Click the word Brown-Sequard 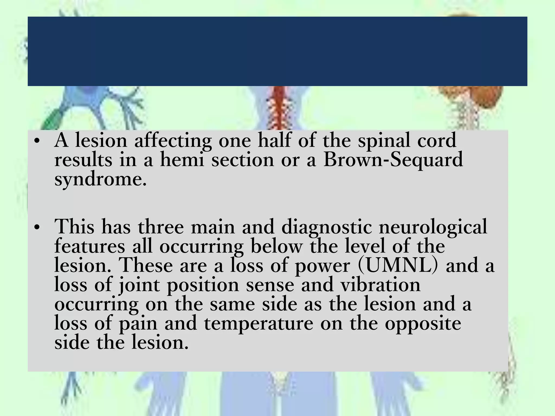tap(393, 160)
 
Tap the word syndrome tap(100, 179)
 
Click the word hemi tap(182, 160)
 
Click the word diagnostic tap(327, 227)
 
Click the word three tap(161, 227)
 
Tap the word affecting tap(173, 141)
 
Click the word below tap(276, 246)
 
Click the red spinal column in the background tap(279, 108)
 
